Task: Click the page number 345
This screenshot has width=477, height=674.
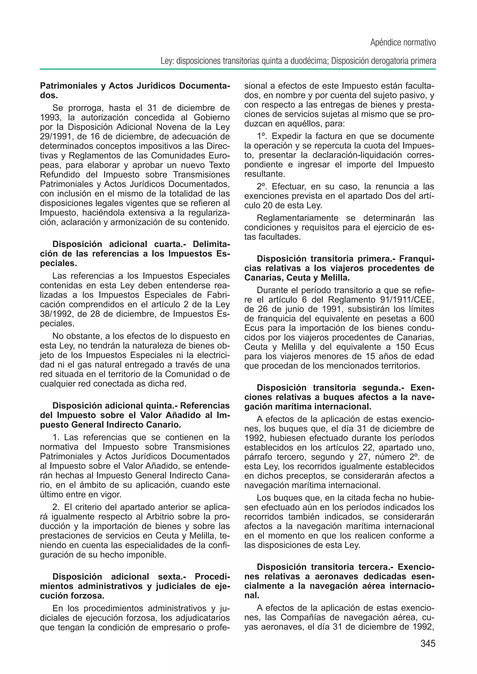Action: (x=428, y=643)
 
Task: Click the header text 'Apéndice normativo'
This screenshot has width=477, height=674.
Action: (x=403, y=43)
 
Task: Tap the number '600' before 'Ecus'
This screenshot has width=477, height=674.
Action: (x=426, y=319)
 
